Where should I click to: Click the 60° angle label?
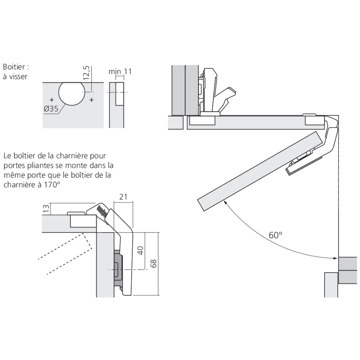[x=275, y=235]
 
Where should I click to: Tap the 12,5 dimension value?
[x=86, y=73]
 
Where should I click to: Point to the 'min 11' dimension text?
[x=120, y=71]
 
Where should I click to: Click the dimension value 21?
[x=123, y=197]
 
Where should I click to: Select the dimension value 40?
[x=141, y=251]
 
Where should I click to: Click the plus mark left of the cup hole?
[x=52, y=99]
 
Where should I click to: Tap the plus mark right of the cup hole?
[x=92, y=99]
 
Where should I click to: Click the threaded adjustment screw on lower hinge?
[x=102, y=211]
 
